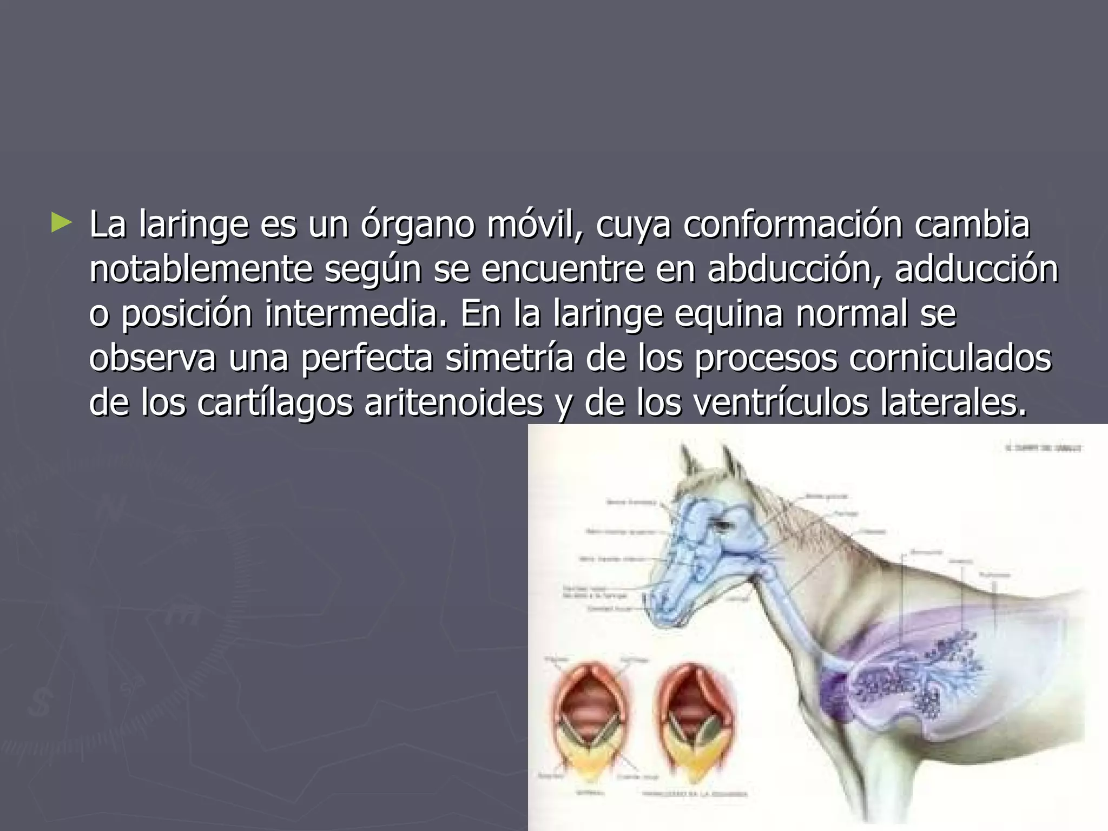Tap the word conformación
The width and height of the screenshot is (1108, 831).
792,225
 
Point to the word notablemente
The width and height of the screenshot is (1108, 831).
201,269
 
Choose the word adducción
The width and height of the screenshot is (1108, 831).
976,269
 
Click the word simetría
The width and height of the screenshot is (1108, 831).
509,358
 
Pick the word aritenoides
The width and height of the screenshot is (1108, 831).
453,403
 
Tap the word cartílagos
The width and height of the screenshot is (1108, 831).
274,404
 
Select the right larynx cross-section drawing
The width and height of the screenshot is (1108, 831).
695,714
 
